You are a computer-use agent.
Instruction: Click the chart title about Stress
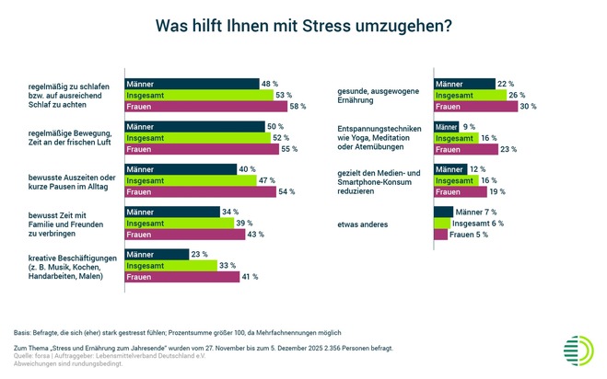pyautogui.click(x=303, y=26)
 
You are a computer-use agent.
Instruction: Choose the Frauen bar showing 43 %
pyautogui.click(x=182, y=235)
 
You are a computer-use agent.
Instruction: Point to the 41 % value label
pyautogui.click(x=249, y=277)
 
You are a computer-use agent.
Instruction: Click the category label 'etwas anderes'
pyautogui.click(x=366, y=224)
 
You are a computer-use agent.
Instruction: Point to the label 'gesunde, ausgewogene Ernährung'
pyautogui.click(x=377, y=95)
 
